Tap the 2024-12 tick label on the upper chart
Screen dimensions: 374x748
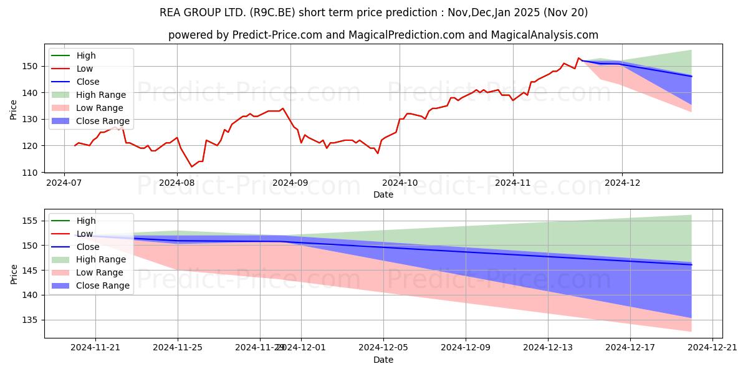tap(622, 183)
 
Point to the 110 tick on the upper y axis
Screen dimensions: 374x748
tap(31, 172)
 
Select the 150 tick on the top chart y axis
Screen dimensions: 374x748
tap(31, 66)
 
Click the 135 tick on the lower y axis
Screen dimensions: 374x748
tap(31, 320)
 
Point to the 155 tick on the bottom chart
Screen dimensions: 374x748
tap(31, 221)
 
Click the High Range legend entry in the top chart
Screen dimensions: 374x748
tap(100, 95)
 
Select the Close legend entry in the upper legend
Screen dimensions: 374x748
tap(88, 82)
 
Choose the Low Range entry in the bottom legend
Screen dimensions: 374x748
tap(99, 272)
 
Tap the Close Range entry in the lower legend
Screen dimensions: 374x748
tap(102, 285)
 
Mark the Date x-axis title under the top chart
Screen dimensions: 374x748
tap(383, 194)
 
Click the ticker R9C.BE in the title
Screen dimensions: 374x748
tap(307, 12)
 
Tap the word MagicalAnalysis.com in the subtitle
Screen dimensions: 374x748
tap(544, 35)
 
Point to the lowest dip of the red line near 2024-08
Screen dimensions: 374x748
tap(192, 166)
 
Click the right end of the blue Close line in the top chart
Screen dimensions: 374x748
tap(691, 76)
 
